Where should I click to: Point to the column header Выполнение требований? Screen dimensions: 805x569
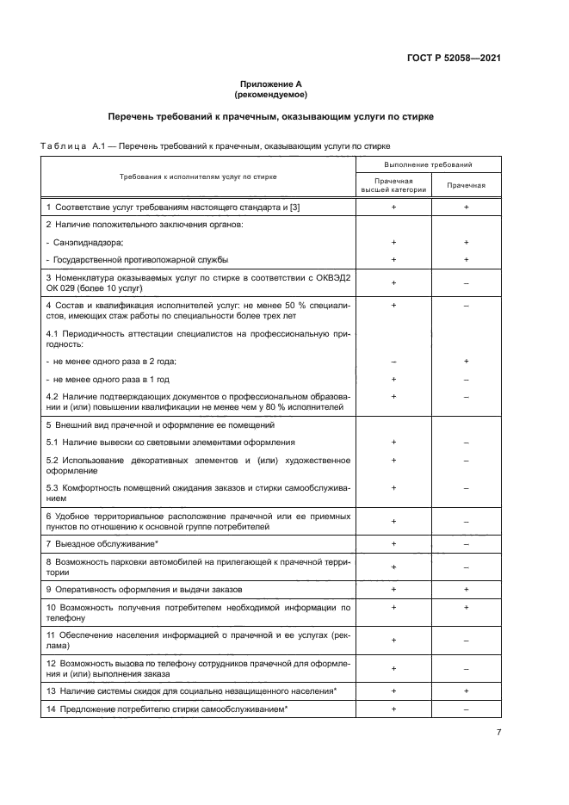click(428, 164)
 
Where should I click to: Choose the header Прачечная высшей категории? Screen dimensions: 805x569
click(393, 184)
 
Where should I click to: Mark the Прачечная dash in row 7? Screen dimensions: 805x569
click(466, 544)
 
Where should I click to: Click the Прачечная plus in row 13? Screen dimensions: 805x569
click(466, 690)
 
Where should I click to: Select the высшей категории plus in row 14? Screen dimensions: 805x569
click(393, 708)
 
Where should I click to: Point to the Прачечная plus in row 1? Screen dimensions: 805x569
click(466, 207)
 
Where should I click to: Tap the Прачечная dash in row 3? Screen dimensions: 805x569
click(466, 282)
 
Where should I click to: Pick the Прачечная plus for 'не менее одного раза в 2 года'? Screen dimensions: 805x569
click(466, 362)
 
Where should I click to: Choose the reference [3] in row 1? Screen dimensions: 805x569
click(294, 207)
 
